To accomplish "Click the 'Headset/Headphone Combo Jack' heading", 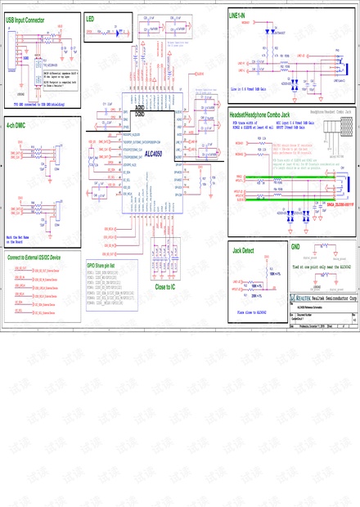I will [261, 114].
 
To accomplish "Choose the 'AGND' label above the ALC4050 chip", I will [140, 107].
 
